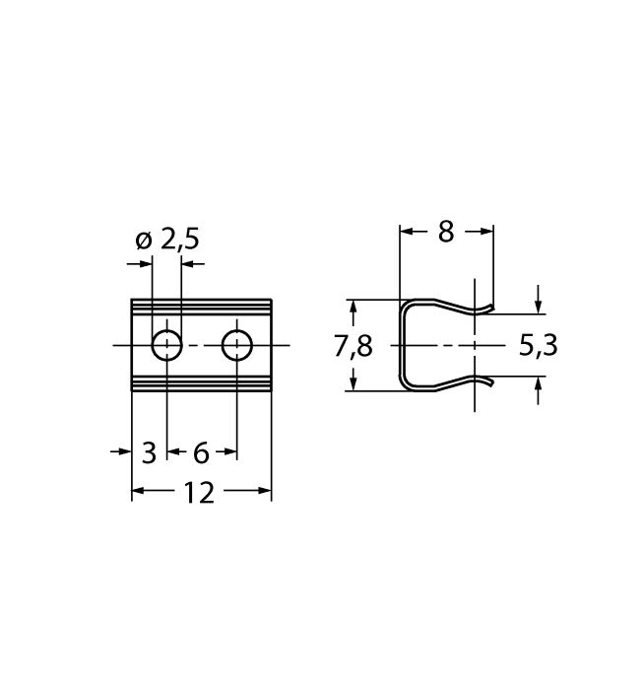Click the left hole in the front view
coord(166,345)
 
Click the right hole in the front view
coord(237,345)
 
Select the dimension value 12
coord(199,492)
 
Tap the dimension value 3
coord(149,452)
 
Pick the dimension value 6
coord(201,452)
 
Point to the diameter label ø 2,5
coord(166,240)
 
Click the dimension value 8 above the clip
coord(446,232)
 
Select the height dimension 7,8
coord(353,346)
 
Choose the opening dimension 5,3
coord(537,346)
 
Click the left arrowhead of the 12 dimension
coord(138,491)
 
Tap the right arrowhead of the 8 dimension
coord(487,231)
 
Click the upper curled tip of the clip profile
coord(485,309)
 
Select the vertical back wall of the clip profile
coord(401,345)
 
